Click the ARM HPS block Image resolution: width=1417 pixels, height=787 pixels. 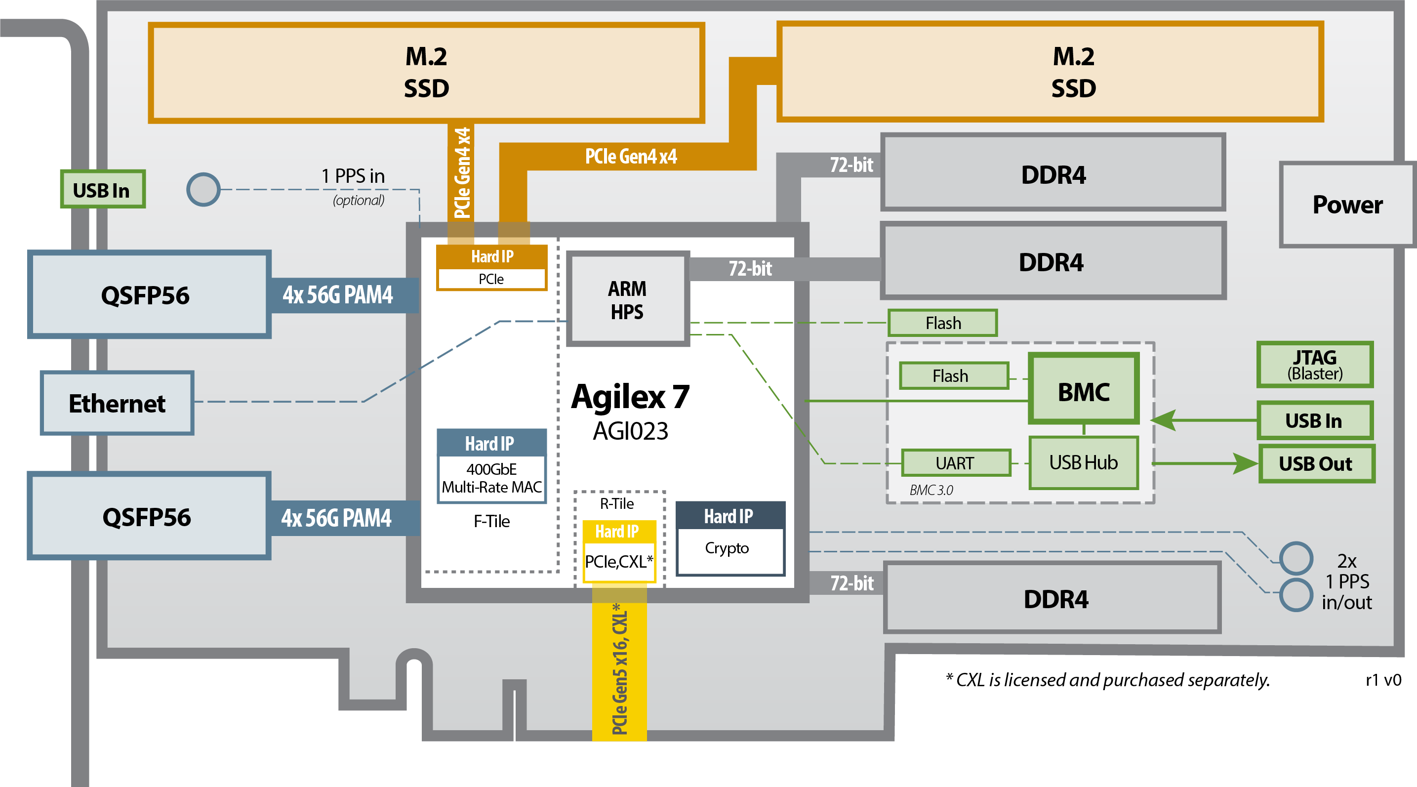(x=627, y=299)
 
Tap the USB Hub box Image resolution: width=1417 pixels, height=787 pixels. (x=1083, y=463)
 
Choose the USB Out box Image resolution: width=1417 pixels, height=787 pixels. (x=1316, y=464)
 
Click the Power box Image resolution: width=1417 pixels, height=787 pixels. (x=1347, y=205)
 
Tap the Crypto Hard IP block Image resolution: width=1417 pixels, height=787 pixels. (x=729, y=538)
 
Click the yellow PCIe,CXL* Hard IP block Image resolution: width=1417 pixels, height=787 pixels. (x=618, y=551)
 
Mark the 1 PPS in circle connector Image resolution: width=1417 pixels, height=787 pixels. (x=203, y=189)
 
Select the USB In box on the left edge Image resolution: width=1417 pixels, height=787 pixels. (x=102, y=190)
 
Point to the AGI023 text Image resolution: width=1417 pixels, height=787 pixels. (x=630, y=431)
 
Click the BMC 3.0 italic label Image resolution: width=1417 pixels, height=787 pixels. (x=931, y=490)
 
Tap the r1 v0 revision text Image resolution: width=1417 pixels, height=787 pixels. (x=1383, y=680)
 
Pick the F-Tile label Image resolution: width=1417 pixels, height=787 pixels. (x=491, y=521)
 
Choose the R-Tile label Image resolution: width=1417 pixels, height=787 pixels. (x=617, y=503)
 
